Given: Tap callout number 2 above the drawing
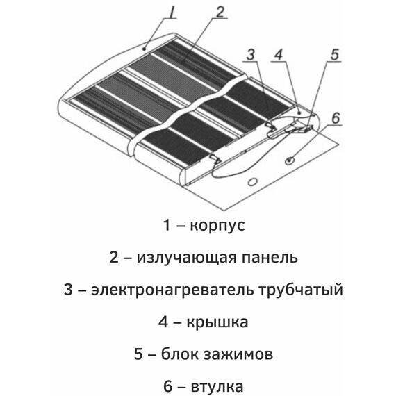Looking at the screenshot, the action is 220,12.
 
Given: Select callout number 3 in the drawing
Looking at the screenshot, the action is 251,55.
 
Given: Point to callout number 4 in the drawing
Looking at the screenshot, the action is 279,55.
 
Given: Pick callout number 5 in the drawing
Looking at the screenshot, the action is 334,55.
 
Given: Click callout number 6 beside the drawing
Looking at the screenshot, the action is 336,117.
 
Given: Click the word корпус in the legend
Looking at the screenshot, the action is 217,226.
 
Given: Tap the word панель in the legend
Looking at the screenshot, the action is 270,258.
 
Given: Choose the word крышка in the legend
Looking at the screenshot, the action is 217,322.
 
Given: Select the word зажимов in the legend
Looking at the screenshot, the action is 238,354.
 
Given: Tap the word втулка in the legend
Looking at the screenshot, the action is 217,387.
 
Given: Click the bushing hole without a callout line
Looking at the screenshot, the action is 253,181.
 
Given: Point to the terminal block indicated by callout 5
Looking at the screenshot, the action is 307,129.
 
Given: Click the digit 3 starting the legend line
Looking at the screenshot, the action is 68,290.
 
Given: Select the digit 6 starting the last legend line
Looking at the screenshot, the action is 168,386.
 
